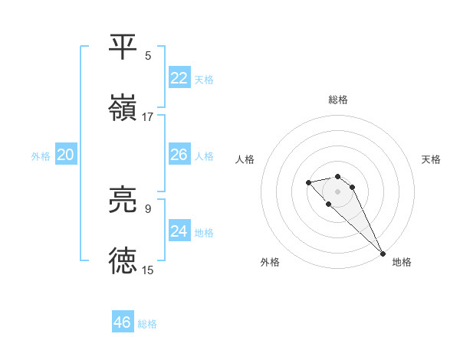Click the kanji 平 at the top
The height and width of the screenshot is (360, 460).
click(x=123, y=46)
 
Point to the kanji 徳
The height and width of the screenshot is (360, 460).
click(x=123, y=260)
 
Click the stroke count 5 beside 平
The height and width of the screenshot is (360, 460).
click(x=148, y=55)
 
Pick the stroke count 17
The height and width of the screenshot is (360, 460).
click(x=148, y=116)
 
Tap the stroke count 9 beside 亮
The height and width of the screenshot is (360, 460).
click(x=148, y=208)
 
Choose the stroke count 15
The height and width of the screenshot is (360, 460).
click(x=148, y=270)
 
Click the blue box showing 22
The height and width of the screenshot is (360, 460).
click(x=179, y=78)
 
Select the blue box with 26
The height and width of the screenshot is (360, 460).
click(x=179, y=155)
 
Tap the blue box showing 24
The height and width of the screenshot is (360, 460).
click(x=179, y=231)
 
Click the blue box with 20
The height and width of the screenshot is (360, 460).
click(x=66, y=155)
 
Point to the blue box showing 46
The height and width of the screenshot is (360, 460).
click(x=123, y=322)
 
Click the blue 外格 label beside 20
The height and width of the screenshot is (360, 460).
click(x=41, y=155)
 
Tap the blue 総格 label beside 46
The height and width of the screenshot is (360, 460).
click(x=147, y=323)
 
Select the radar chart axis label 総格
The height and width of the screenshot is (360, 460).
click(x=338, y=100)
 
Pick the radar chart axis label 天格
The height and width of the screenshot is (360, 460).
click(x=432, y=159)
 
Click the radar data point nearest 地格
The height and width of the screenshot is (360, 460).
click(x=383, y=253)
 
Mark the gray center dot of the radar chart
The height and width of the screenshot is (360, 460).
click(x=337, y=191)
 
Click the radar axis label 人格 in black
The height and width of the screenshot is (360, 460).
click(x=245, y=159)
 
